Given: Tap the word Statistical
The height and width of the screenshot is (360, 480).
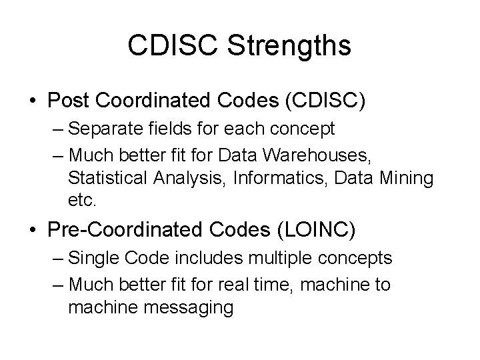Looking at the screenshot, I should [109, 179].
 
